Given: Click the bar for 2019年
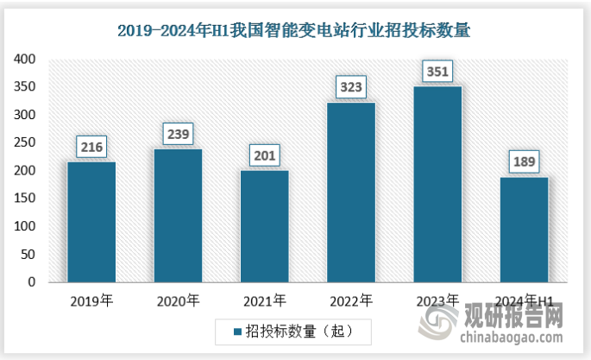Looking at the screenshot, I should [x=91, y=222].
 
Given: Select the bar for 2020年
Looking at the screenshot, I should [x=178, y=216].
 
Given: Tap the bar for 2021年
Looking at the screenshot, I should [x=264, y=226].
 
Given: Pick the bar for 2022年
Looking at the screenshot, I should [x=351, y=193].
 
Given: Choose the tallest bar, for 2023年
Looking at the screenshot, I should [x=437, y=184].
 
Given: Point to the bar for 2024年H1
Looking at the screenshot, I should [x=524, y=230].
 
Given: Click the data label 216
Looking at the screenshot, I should [x=92, y=148].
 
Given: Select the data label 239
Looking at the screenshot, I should [x=179, y=135].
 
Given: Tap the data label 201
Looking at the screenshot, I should [x=265, y=156].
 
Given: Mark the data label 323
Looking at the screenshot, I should [x=351, y=87].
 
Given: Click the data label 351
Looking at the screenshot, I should [x=437, y=72].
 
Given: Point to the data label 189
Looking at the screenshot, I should [x=524, y=162].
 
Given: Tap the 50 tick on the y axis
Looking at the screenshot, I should [x=28, y=255].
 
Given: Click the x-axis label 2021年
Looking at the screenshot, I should [x=264, y=301].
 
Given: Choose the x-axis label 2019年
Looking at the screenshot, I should [x=91, y=301].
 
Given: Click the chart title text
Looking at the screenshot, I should [x=295, y=30].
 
